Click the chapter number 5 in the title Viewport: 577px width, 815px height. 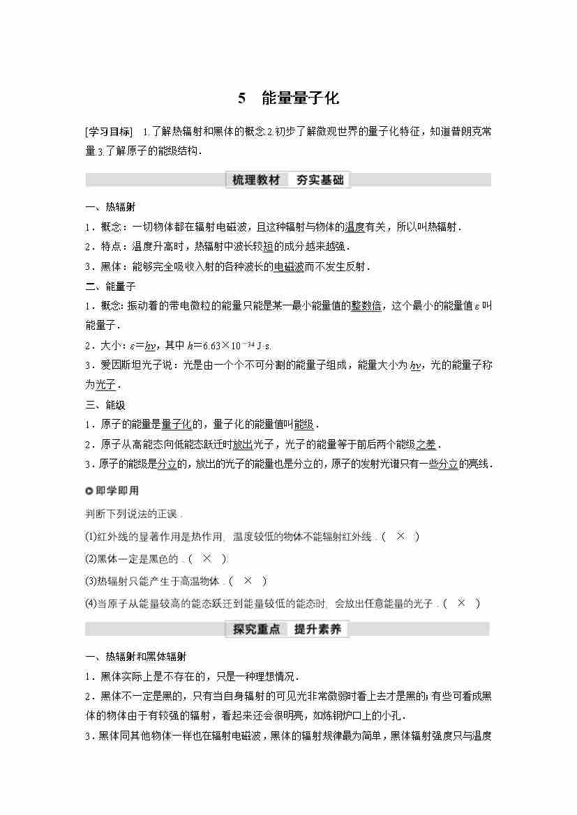click(241, 98)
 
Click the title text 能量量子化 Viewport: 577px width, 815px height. click(300, 98)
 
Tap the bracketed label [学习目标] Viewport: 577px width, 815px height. click(108, 132)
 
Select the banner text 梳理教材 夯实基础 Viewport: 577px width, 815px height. click(288, 180)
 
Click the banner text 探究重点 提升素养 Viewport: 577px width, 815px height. click(287, 629)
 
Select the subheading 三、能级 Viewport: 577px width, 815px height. click(105, 405)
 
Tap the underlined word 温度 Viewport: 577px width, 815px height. click(355, 227)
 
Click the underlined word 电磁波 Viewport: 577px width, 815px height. click(289, 266)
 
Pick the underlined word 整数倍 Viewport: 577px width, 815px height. click(366, 305)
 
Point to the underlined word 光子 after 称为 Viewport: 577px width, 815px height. click(105, 385)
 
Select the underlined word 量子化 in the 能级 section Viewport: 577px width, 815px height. click(176, 425)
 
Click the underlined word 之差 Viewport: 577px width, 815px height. click(426, 445)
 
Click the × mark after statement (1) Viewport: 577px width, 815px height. click(400, 536)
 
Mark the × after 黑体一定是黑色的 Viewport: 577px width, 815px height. click(207, 558)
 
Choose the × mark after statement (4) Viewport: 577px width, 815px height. click(461, 603)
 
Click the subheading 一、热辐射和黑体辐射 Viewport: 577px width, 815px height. click(135, 657)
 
